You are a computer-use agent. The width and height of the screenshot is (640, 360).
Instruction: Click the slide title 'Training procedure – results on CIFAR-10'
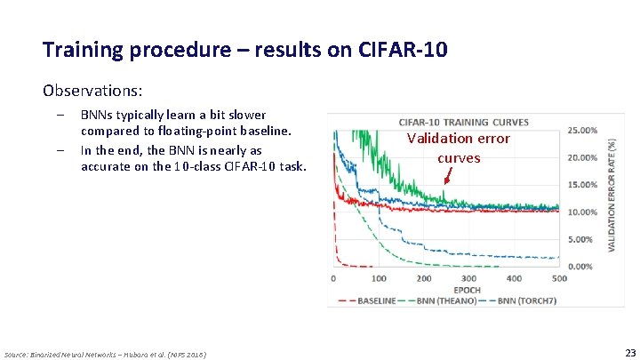(244, 49)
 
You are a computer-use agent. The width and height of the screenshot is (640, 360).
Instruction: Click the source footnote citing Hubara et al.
(106, 354)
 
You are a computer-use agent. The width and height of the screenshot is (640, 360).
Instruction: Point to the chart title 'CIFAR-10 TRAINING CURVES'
(464, 122)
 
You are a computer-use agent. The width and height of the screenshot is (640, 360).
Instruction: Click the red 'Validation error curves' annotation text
(458, 148)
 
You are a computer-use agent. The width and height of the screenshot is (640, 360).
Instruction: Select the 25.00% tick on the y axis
(582, 130)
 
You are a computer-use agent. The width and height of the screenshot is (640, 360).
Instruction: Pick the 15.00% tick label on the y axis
(582, 185)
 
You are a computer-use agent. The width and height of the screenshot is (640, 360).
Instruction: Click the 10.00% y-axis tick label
(582, 212)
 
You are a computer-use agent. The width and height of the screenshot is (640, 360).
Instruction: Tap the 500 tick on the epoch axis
(560, 278)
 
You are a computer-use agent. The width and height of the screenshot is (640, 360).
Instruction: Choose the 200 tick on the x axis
(424, 278)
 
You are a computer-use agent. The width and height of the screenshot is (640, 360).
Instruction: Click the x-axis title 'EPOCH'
(467, 290)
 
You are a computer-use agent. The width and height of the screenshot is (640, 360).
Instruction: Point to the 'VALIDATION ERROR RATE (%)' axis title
(613, 192)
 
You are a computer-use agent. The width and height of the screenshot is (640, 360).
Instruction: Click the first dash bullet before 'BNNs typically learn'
(60, 116)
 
